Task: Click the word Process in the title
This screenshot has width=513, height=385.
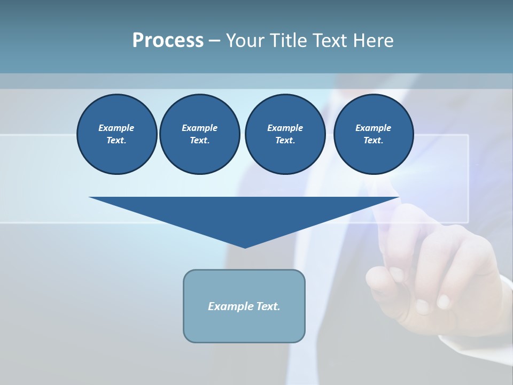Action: tap(168, 41)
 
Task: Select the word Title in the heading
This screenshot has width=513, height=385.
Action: tap(288, 41)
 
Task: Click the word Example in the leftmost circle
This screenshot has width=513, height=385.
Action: tap(116, 128)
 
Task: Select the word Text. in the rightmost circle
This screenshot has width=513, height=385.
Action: tap(373, 141)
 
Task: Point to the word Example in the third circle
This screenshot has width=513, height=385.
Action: tap(285, 128)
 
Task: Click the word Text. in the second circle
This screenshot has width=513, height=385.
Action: tap(199, 141)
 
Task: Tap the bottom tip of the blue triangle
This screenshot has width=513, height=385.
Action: tap(245, 247)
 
